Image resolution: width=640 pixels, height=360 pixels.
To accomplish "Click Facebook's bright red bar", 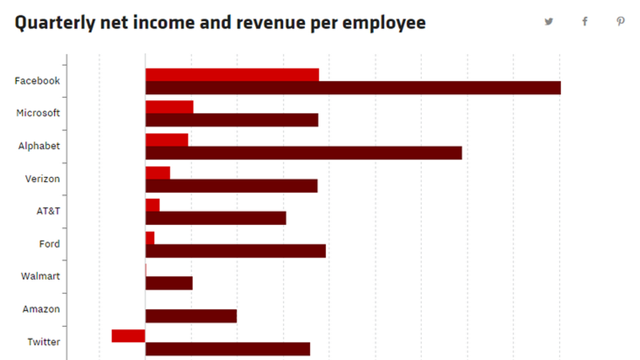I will pos(232,75).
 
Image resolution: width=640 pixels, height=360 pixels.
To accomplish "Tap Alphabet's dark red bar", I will pos(304,153).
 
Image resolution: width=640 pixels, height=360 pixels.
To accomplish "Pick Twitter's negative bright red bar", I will pos(128,336).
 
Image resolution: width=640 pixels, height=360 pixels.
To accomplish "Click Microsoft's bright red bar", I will pos(169,107).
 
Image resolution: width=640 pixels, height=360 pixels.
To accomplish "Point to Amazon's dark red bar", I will pos(191,316).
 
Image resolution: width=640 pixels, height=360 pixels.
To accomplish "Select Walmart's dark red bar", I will pos(169,283).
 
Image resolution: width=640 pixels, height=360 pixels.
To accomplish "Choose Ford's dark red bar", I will pos(235,251).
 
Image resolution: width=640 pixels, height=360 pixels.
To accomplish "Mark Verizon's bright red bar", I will pos(158,173).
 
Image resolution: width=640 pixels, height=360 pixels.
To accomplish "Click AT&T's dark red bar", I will pos(216,218).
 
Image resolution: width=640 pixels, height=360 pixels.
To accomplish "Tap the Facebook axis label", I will pos(37,81).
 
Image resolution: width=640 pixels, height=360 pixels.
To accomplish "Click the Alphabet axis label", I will pos(39,146).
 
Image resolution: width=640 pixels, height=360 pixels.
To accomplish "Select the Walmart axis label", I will pos(40,276).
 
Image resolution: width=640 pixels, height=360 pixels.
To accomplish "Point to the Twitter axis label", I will pos(44,342).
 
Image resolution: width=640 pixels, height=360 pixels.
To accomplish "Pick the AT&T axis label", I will pos(48,211).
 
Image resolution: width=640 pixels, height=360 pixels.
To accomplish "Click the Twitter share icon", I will pos(548,22).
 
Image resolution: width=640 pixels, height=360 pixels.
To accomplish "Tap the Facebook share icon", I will pos(584,22).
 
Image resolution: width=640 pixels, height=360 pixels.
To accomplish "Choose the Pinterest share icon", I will pos(620,22).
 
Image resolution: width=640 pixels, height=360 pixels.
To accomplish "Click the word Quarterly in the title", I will pos(54,23).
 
